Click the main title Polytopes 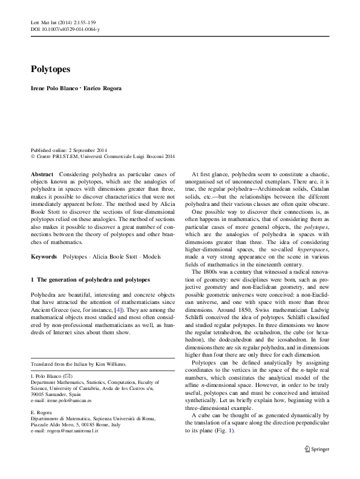pos(51,70)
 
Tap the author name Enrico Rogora pos(105,88)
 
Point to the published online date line pos(68,150)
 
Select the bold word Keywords pos(46,257)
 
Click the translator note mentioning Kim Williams pos(74,364)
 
